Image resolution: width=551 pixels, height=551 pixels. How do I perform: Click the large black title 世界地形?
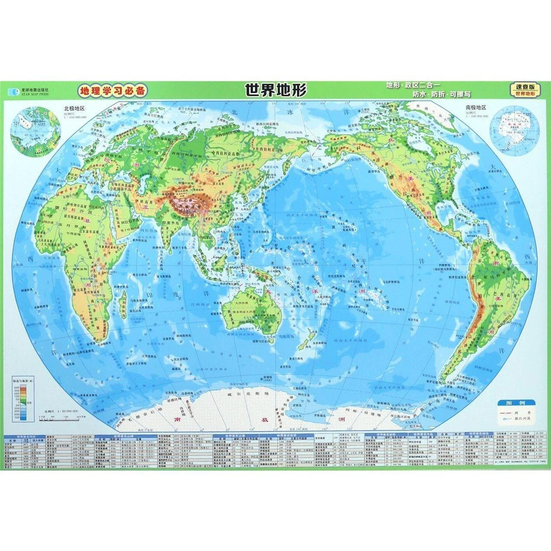276,91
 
